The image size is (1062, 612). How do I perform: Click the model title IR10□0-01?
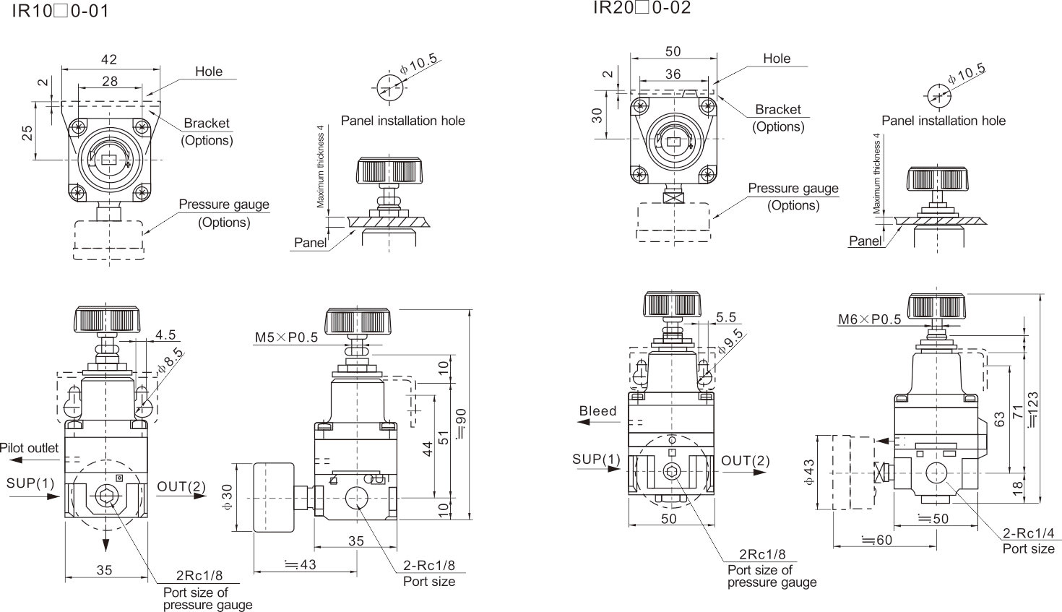pos(60,12)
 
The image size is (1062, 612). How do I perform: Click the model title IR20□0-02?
pos(642,8)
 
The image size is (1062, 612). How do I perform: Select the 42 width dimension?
pos(109,60)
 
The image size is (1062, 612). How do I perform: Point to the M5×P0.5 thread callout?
pos(286,337)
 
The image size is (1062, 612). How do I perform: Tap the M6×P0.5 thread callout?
pos(869,319)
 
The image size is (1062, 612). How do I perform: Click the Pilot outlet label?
pos(30,448)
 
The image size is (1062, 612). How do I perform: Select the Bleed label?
pos(598,411)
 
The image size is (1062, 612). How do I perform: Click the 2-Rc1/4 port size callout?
pos(1028,534)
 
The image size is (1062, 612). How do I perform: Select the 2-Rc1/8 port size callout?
pos(428,566)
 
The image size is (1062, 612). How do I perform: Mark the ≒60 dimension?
pos(876,540)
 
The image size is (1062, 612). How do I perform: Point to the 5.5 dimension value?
pos(725,317)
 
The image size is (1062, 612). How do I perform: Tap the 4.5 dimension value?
pos(165,335)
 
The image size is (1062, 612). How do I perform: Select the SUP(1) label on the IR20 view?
pos(596,460)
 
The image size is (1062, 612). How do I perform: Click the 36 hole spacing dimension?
pos(673,74)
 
